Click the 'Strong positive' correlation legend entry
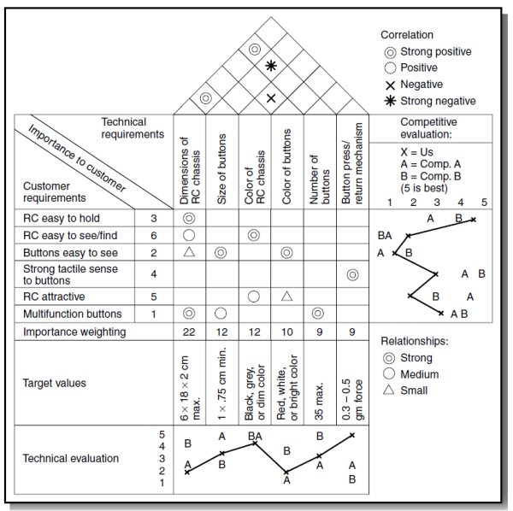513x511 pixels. (x=427, y=51)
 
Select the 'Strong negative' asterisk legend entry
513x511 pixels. (x=427, y=101)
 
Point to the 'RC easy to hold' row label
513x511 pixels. (x=60, y=220)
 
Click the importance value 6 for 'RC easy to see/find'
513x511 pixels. (x=154, y=235)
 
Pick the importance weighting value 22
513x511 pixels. (x=189, y=332)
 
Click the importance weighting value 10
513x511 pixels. (x=286, y=332)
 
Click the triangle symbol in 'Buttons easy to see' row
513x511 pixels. (x=189, y=252)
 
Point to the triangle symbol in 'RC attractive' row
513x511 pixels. (x=286, y=296)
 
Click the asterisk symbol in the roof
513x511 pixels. (x=271, y=65)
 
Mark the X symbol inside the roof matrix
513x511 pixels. (x=271, y=98)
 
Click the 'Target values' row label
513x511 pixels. (x=53, y=383)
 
